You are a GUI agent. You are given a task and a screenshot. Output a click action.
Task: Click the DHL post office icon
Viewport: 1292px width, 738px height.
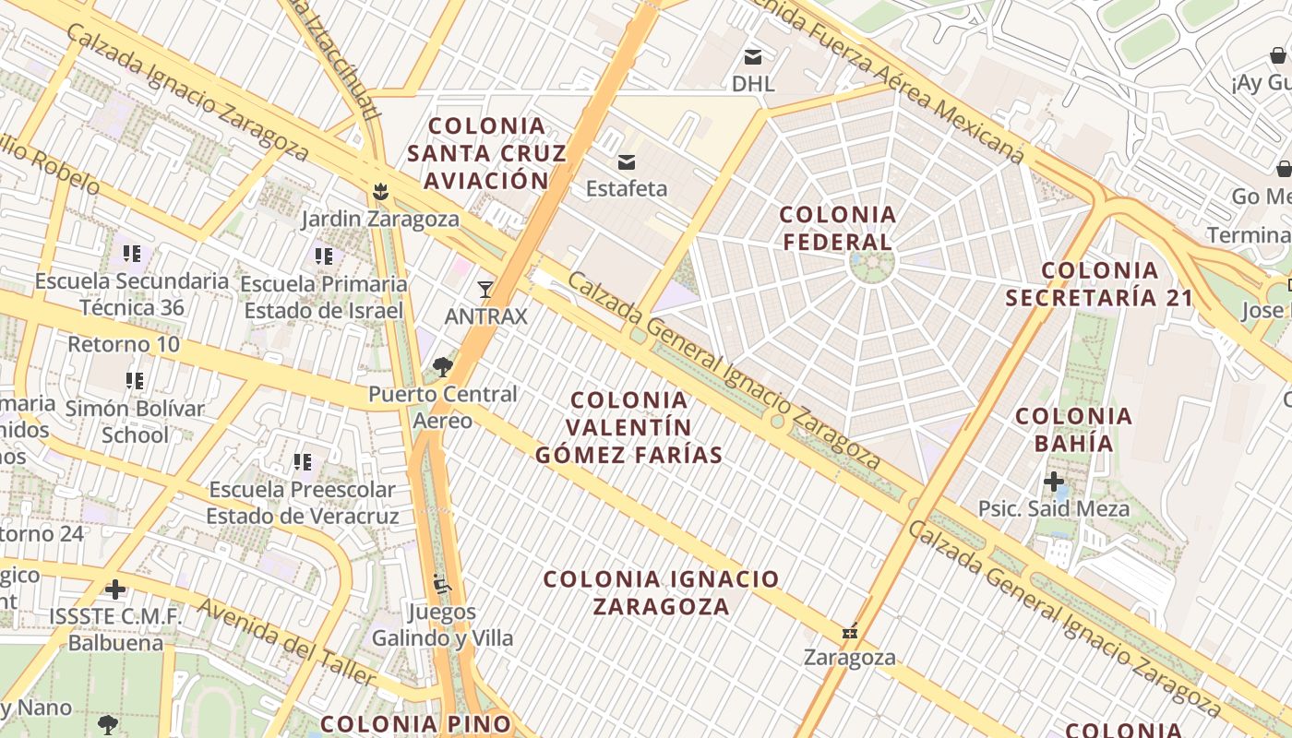click(753, 57)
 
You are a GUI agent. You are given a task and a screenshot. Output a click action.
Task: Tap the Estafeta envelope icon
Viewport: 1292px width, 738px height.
click(627, 162)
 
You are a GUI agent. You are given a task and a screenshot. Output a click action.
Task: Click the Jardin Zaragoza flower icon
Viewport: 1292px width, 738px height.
click(379, 193)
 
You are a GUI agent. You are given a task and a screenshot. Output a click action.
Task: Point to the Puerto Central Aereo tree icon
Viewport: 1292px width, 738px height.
click(443, 367)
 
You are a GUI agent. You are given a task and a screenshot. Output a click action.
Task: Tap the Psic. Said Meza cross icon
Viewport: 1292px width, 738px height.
click(1054, 482)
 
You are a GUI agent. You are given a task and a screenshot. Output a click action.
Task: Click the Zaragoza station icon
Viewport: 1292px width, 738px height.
click(850, 632)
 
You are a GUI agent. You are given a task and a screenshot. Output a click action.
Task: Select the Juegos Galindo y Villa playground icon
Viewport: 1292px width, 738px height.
click(442, 584)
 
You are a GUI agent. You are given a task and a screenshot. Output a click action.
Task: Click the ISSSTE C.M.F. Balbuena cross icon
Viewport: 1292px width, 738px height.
click(115, 589)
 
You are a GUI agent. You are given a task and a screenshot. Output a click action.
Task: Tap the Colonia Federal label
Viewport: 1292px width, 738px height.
click(837, 228)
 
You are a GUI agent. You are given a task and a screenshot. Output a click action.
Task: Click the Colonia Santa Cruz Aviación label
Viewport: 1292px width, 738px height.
click(486, 152)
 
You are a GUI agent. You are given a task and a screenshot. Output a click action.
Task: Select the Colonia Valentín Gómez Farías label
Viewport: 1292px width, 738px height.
click(629, 427)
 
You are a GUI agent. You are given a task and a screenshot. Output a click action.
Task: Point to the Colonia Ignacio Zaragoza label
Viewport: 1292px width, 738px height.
click(661, 592)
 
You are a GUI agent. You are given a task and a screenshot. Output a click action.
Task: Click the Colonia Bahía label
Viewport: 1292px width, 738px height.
click(1073, 430)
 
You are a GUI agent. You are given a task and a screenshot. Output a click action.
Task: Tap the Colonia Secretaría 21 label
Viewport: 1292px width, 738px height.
click(1099, 284)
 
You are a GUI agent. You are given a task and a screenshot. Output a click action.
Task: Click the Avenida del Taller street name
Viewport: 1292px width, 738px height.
click(287, 644)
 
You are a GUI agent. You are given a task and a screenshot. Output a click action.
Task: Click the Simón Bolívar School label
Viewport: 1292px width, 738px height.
click(135, 422)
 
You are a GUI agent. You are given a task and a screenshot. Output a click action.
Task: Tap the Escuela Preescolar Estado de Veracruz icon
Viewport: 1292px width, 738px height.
click(302, 462)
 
